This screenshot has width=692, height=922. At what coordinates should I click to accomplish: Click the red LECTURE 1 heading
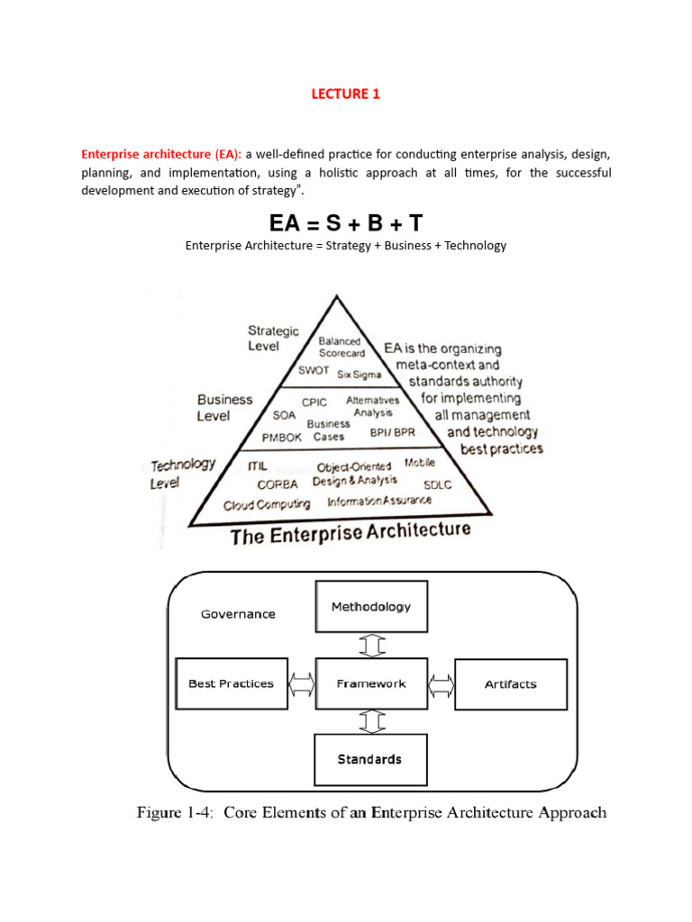point(346,93)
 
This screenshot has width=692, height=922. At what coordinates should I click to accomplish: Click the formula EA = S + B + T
point(346,221)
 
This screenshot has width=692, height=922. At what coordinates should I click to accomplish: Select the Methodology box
point(370,607)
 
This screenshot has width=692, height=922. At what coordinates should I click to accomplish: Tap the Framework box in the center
point(370,684)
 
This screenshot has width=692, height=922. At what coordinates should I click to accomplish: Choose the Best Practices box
point(231,684)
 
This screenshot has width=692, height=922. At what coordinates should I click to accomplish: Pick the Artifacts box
point(510,684)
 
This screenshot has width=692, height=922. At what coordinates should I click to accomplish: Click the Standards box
point(370,759)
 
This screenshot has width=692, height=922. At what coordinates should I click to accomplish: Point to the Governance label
point(237,614)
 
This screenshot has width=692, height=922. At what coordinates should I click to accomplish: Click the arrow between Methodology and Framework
point(371,646)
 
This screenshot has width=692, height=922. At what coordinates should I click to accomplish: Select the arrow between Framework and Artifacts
point(441,684)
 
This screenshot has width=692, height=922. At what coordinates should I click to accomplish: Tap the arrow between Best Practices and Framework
point(301,684)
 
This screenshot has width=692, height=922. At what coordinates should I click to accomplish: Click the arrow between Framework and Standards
point(371,721)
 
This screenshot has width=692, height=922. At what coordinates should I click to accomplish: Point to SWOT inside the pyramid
point(313,370)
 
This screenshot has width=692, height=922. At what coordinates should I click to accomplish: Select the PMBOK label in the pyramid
point(287,437)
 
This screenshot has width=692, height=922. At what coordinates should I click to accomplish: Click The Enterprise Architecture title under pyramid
point(351,533)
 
